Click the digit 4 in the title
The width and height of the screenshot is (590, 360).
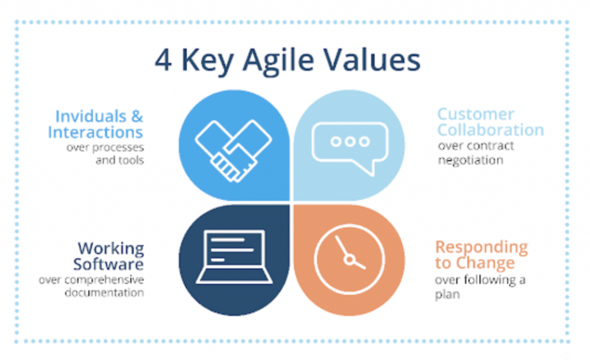163,60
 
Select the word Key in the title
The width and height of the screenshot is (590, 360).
207,62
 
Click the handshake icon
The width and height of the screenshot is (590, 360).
233,151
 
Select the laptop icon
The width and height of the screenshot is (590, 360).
234,256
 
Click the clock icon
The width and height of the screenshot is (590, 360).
350,260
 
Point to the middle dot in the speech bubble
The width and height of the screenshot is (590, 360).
350,142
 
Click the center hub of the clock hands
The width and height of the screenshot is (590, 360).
350,260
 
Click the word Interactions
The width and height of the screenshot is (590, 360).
95,132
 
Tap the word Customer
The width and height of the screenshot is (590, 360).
475,114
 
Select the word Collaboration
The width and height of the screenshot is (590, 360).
491,130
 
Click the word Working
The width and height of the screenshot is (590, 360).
111,249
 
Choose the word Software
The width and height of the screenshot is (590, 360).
108,264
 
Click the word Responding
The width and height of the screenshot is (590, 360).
482,248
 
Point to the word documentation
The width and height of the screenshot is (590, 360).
104,292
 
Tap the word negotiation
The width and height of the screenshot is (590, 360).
470,161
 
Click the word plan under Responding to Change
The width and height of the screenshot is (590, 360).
447,294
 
